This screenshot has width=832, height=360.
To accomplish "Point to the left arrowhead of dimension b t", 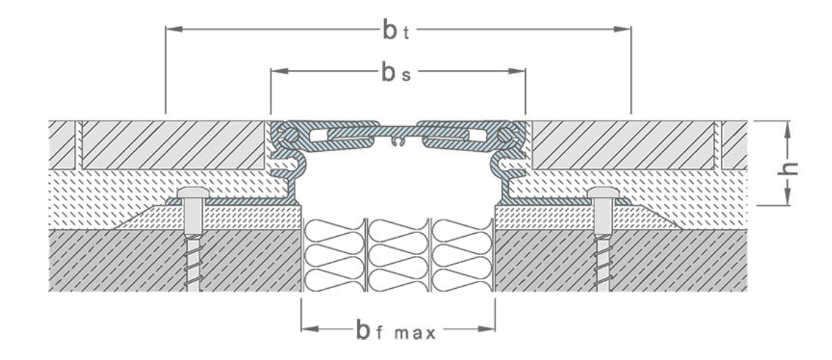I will tap(171, 29).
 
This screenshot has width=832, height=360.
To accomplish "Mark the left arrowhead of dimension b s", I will tap(277, 71).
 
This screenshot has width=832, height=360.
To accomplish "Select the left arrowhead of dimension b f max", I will tap(307, 329).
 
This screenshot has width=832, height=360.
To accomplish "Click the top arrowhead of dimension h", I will tap(787, 126).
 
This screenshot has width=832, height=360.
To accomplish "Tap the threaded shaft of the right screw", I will tap(602, 264).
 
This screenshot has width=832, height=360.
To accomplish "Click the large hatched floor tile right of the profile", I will tap(624, 145).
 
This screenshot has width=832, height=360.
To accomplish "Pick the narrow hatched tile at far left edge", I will tap(62, 145).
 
